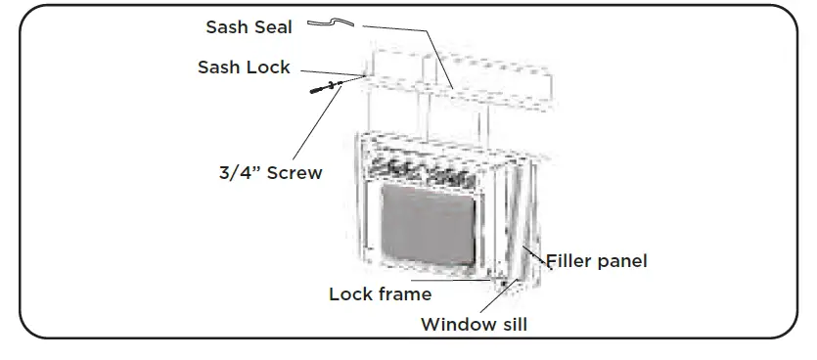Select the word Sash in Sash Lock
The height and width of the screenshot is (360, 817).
click(x=220, y=67)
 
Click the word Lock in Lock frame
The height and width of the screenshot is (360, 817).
click(x=349, y=293)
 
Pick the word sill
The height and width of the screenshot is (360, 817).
click(x=511, y=325)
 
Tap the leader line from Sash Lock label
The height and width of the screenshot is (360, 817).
click(x=333, y=72)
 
